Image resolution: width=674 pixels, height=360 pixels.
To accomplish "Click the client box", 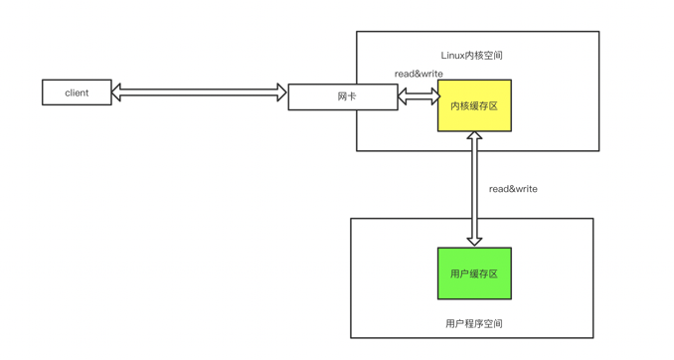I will (x=77, y=92).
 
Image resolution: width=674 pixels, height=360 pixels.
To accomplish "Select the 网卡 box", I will (x=343, y=96).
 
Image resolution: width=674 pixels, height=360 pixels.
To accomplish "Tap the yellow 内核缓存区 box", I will (x=474, y=105).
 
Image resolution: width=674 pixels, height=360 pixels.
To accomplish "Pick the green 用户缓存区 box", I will (x=474, y=273).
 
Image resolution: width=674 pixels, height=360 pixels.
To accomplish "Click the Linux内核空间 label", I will (x=471, y=56).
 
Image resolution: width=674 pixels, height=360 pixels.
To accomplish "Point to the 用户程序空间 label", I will (x=473, y=323).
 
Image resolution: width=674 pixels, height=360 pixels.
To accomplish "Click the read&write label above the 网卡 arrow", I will (x=419, y=74).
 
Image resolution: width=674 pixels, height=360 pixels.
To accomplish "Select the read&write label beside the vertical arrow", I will (x=513, y=188).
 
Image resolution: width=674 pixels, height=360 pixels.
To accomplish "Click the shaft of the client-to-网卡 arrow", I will (x=199, y=92).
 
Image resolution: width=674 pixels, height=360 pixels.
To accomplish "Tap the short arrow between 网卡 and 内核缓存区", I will (x=419, y=96).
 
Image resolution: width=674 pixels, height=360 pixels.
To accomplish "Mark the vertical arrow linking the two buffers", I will (x=474, y=189).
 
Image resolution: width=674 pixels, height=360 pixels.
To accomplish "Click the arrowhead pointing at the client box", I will (x=117, y=92).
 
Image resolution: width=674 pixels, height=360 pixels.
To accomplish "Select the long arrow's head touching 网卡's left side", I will (x=281, y=92).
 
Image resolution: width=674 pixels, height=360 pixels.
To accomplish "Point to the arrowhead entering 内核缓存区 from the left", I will (x=432, y=96).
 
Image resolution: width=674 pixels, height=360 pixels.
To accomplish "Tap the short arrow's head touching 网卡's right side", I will (x=404, y=96).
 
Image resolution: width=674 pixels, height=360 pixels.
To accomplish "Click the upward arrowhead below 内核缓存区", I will (x=474, y=138).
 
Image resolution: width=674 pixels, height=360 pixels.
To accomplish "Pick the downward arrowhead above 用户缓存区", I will (x=474, y=240).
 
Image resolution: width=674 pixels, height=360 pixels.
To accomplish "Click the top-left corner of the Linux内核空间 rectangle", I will (x=357, y=32).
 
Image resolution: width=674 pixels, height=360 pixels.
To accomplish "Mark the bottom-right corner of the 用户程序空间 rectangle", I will (x=592, y=337).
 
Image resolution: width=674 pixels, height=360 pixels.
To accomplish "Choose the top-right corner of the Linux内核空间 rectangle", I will (x=598, y=32).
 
